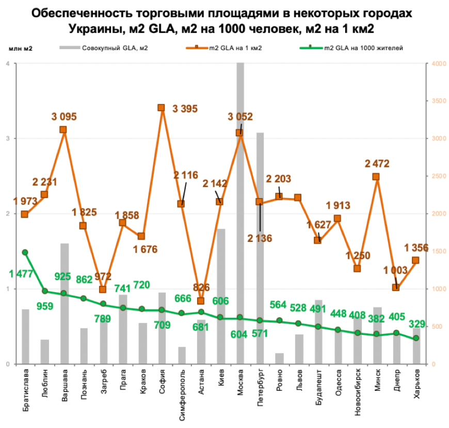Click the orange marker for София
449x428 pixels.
click(x=161, y=108)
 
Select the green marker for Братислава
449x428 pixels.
click(x=25, y=252)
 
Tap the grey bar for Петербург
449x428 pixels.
click(x=260, y=248)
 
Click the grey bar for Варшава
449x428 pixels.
click(x=64, y=305)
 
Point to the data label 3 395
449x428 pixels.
click(x=185, y=108)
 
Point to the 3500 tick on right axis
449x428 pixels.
click(x=437, y=101)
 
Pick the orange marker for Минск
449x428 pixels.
click(x=376, y=177)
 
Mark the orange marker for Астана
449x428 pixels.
click(x=201, y=301)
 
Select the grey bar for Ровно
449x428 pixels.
click(x=279, y=359)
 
